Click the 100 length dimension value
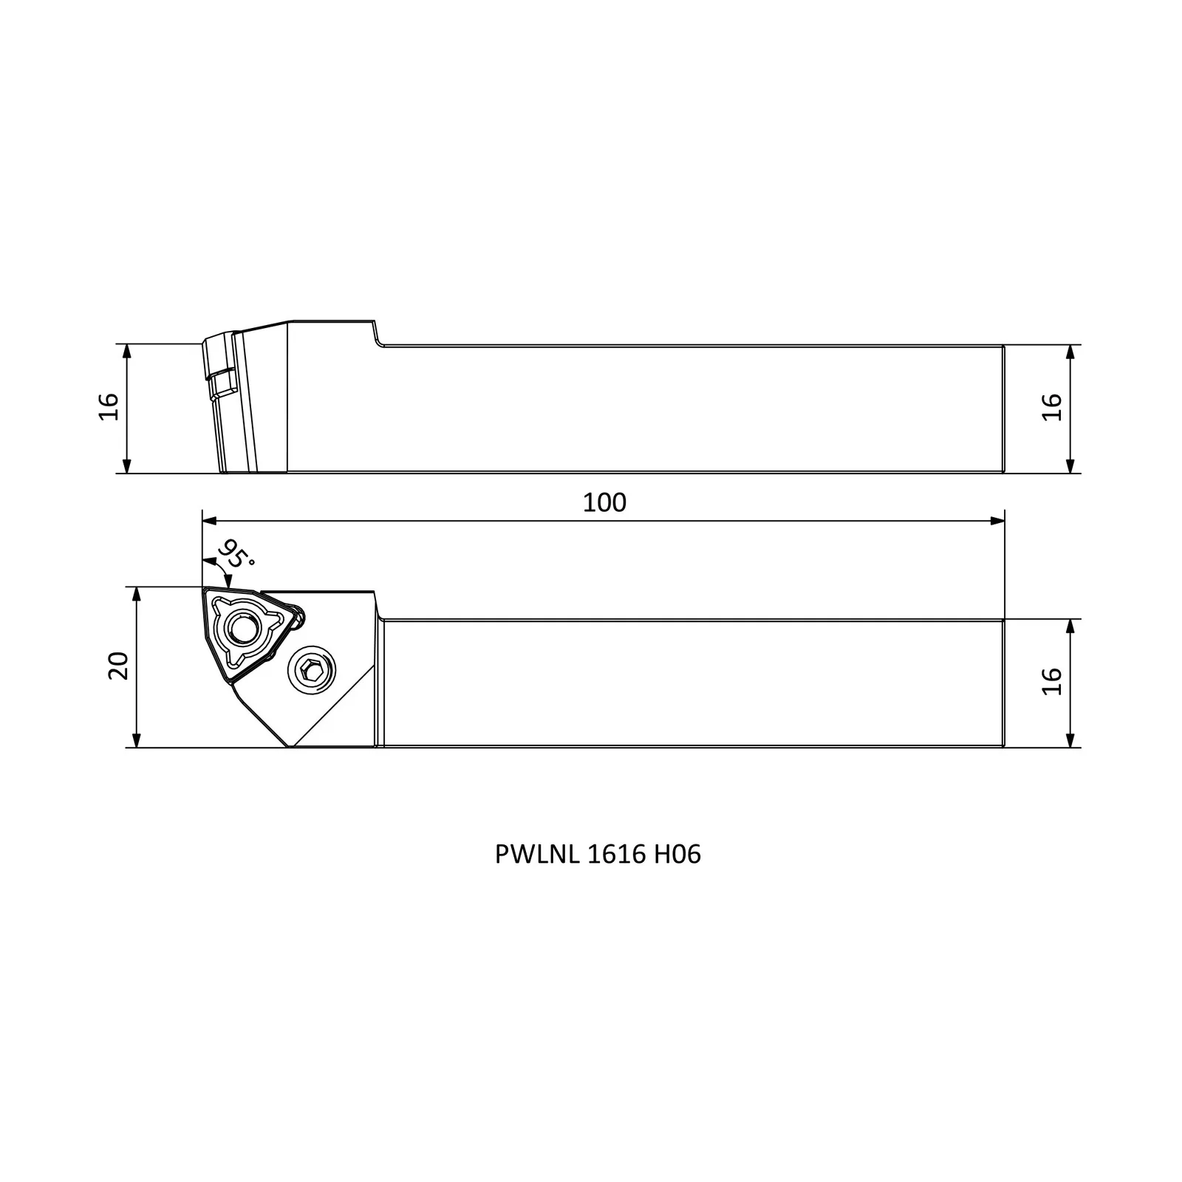click(604, 502)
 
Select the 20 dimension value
click(119, 666)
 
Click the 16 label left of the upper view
click(109, 406)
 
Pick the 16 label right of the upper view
click(1051, 407)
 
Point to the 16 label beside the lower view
click(1051, 680)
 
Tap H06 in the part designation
click(677, 855)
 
